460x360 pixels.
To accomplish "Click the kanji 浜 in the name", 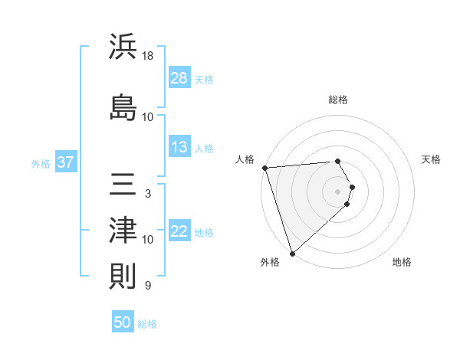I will [123, 47].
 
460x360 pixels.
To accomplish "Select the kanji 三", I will [123, 184].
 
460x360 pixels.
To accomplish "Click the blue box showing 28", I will [179, 77].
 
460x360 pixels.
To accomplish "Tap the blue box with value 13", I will [179, 147].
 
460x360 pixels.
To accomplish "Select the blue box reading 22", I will [179, 231].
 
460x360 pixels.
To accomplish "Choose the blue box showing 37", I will [66, 162].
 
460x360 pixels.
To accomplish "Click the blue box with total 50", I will [123, 322].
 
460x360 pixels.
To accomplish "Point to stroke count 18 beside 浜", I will [148, 56].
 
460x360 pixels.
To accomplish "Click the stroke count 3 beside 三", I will [147, 194].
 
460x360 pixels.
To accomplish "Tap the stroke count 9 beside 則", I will [147, 286].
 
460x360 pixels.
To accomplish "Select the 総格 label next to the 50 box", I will [147, 324].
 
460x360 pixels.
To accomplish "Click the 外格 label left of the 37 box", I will [41, 163].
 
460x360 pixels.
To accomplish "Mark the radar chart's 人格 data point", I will [264, 168].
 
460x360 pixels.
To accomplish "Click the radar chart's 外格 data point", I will [291, 253].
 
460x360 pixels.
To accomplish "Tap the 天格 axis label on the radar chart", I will [432, 159].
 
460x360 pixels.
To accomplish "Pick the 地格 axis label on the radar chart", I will [402, 262].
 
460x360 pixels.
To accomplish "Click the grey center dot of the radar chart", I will [338, 191].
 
